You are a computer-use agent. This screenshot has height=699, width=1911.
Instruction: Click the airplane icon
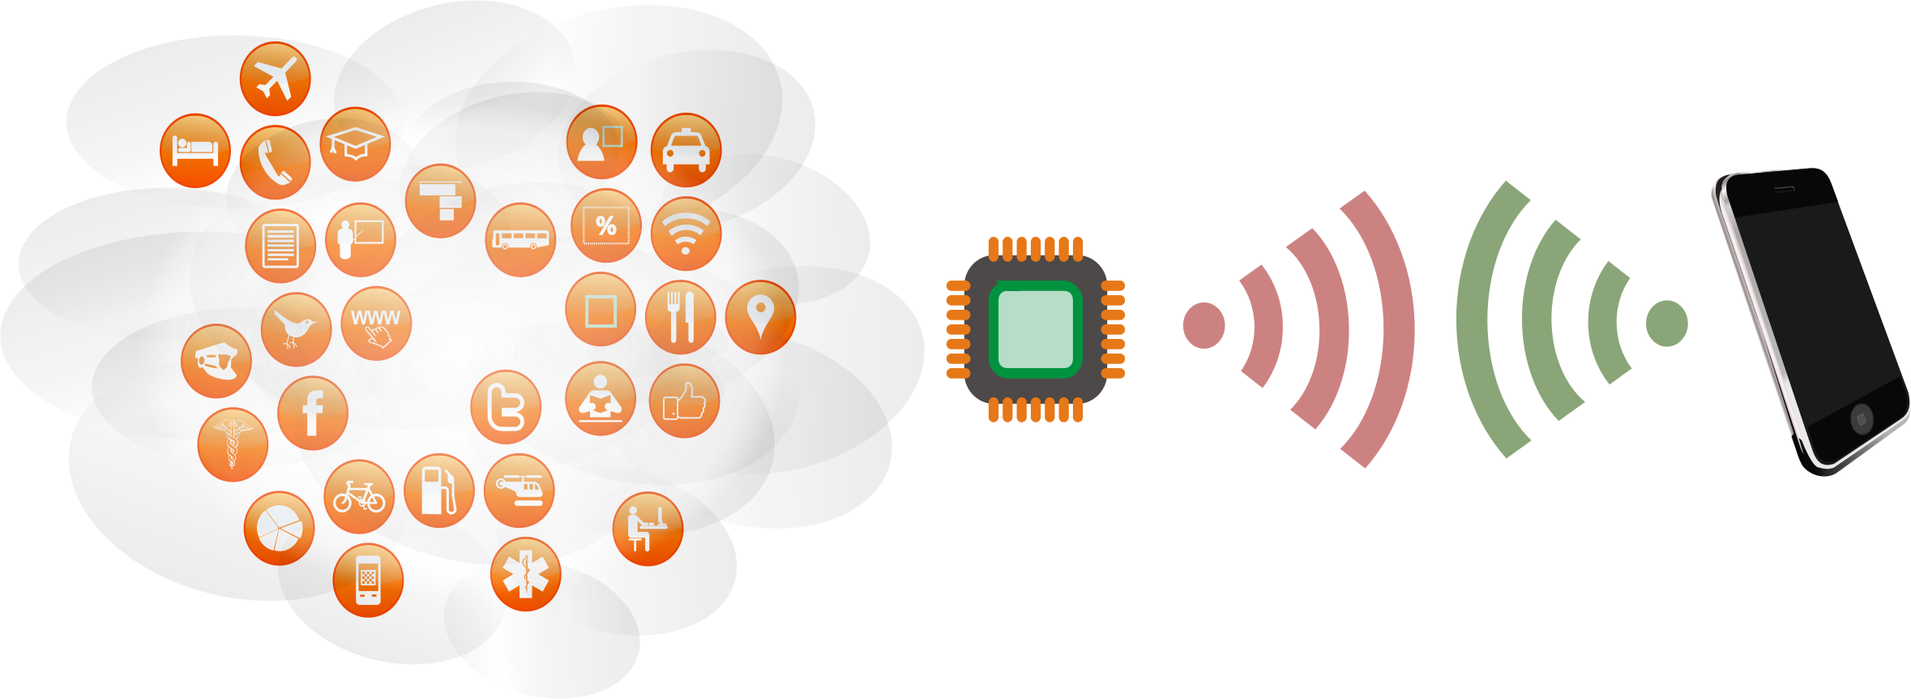point(275,79)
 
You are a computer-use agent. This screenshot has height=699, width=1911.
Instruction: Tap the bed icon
point(195,150)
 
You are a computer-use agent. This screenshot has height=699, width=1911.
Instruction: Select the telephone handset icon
point(275,161)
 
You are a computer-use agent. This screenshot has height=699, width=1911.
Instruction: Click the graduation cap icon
point(355,144)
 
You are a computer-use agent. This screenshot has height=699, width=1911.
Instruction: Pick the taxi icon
point(686,150)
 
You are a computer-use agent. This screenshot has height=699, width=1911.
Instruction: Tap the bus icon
point(520,239)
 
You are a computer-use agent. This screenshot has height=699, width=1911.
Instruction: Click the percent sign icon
point(605,225)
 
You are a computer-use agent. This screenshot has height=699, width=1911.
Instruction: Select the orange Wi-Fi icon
point(686,234)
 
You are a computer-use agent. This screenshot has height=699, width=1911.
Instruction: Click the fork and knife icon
point(680,317)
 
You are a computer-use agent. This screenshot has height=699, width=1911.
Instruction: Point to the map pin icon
point(759,316)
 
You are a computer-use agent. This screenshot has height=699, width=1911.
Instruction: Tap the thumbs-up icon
point(684,401)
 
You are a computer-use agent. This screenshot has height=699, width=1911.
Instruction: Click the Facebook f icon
point(312,413)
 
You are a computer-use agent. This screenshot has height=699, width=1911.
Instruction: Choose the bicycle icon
point(359,496)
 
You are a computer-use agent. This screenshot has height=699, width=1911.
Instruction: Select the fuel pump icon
point(438,490)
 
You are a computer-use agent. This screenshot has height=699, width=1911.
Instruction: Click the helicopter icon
point(519,490)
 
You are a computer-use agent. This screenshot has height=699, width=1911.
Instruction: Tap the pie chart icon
point(279,528)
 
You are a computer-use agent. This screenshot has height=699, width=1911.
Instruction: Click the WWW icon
point(376,322)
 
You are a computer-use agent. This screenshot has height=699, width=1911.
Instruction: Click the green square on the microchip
point(1035,329)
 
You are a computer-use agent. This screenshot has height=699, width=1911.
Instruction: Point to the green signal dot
point(1666,323)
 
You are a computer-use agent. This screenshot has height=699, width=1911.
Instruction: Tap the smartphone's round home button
point(1861,419)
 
